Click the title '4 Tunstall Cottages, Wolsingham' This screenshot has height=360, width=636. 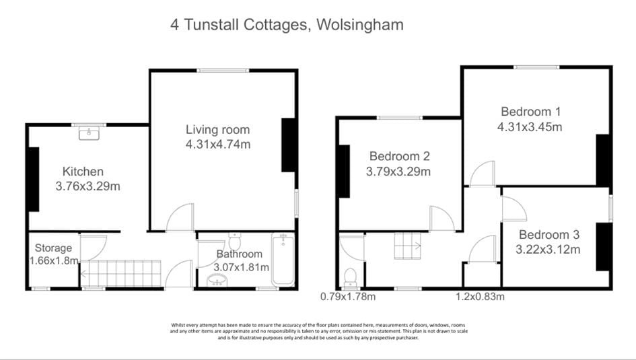[x=287, y=25]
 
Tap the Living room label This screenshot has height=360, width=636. [x=218, y=130]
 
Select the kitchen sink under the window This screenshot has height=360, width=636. [x=89, y=133]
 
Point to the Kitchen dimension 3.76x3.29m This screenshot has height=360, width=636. [x=87, y=186]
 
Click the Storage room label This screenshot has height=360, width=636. [x=53, y=248]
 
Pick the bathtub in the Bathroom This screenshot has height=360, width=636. [x=283, y=260]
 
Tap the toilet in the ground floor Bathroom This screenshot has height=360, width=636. [x=234, y=241]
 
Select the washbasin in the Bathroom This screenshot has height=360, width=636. [x=217, y=280]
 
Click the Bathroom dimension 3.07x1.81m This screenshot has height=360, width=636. [x=242, y=268]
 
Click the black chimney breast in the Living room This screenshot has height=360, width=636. [x=289, y=145]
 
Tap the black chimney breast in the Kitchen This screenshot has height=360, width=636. [x=33, y=179]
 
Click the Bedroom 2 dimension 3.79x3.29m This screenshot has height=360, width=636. [x=398, y=172]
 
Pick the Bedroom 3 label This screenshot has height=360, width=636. [x=549, y=235]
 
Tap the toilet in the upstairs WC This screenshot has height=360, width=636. [x=350, y=278]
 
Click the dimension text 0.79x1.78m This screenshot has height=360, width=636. [x=348, y=297]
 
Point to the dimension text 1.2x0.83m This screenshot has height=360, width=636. [x=481, y=297]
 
